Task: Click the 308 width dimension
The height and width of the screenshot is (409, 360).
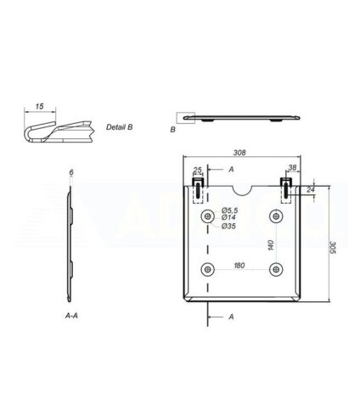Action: [239, 153]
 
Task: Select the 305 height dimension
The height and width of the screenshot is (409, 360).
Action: [333, 248]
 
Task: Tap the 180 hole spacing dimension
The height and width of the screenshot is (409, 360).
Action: [239, 266]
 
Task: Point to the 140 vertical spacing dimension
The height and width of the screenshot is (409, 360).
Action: [271, 245]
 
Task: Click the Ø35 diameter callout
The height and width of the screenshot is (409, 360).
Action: [228, 226]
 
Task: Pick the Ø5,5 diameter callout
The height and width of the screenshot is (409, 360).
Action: [229, 210]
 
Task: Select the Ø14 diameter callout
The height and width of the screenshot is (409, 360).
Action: [228, 217]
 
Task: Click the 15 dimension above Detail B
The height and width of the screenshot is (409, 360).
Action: [39, 106]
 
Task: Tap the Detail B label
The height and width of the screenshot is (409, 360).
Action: [119, 127]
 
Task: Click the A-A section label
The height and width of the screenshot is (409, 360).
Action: [71, 316]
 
